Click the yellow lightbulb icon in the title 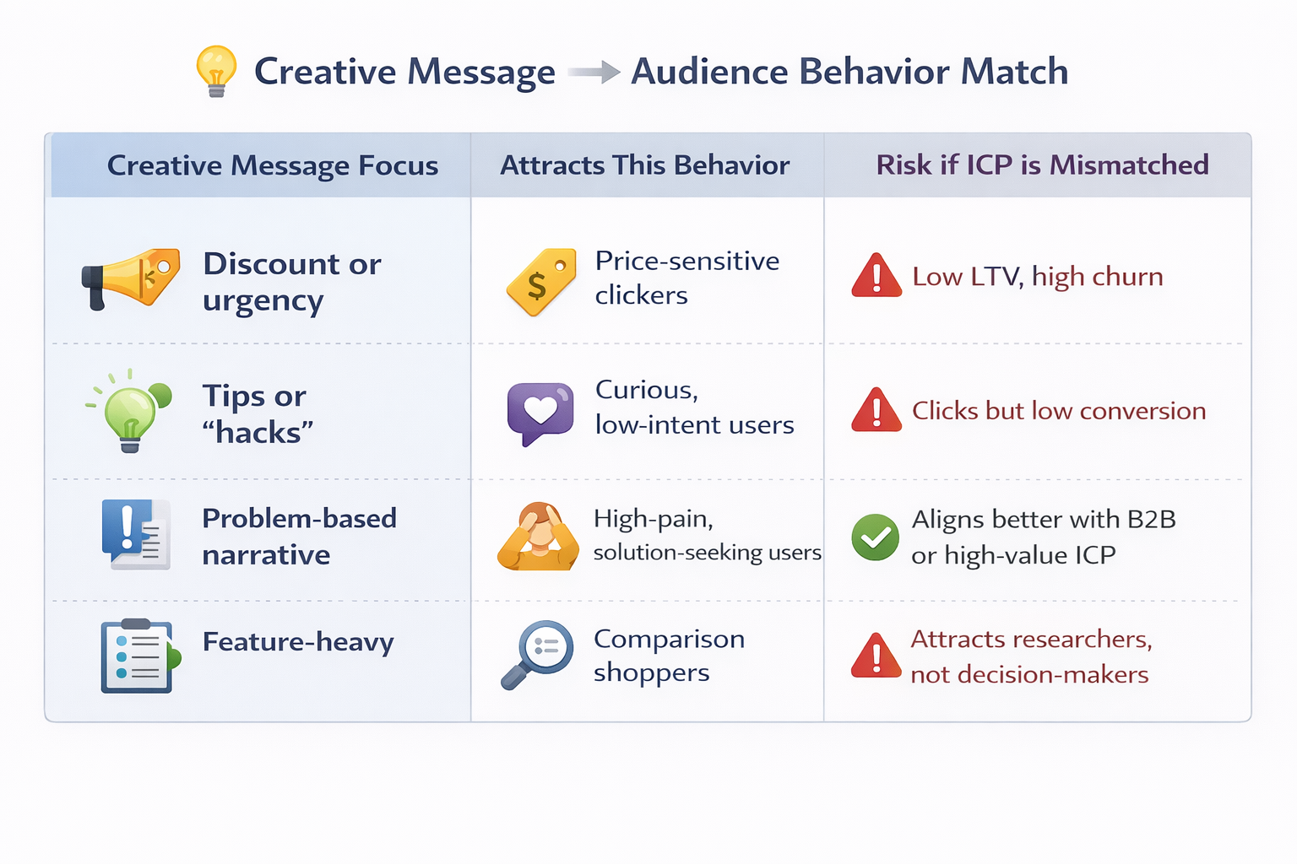coord(216,71)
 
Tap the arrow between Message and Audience coord(594,73)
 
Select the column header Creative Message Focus coord(272,165)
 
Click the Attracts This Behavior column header coord(644,165)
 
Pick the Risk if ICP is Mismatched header coord(1042,165)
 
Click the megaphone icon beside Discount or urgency coord(131,278)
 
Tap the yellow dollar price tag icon coord(541,281)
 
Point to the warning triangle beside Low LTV coord(876,277)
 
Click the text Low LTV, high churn coord(1037,277)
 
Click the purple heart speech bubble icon coord(540,412)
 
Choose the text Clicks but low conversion coord(1058,411)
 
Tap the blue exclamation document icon coord(135,534)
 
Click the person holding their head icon coord(539,537)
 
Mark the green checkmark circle coord(876,537)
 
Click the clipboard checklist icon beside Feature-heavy coord(137,656)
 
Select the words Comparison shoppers coord(668,656)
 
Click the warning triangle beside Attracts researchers coord(876,656)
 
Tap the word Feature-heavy coord(298,642)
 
